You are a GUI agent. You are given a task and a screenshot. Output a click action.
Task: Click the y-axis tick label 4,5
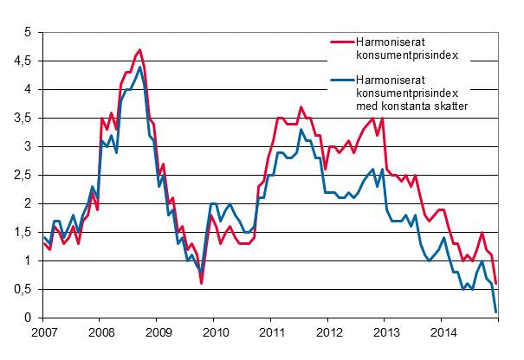[23, 61]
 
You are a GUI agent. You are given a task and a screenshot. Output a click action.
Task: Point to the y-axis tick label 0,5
[23, 290]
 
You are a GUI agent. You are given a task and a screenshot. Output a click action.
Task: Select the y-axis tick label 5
[28, 33]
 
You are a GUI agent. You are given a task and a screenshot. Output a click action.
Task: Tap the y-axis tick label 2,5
[23, 176]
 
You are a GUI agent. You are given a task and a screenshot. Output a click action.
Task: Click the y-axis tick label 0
[28, 318]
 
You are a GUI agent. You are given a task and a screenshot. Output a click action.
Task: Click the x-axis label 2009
[157, 332]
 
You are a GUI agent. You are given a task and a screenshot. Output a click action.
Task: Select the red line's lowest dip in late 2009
[202, 283]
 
